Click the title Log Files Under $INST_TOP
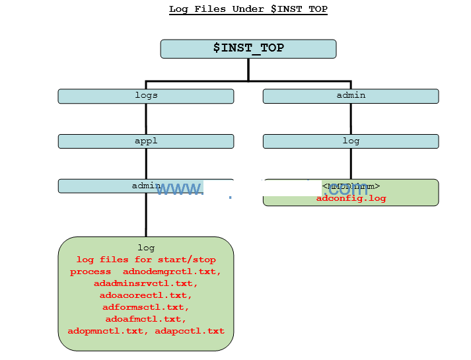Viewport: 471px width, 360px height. tap(248, 9)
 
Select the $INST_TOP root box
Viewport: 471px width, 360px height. tap(248, 48)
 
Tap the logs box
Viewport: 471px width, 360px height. tap(146, 96)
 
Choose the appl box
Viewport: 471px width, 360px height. tap(146, 141)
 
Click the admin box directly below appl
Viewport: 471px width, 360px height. tap(146, 186)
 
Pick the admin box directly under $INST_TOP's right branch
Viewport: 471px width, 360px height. tap(351, 96)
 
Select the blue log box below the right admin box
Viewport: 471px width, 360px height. tap(351, 141)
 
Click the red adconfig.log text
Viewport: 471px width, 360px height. tap(351, 198)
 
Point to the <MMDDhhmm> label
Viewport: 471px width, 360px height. tap(351, 186)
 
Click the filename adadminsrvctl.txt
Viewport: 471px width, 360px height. tap(146, 283)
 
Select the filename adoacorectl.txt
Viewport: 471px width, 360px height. tap(146, 295)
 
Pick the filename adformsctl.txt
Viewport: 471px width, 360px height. tap(146, 307)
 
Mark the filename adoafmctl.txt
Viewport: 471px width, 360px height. tap(146, 319)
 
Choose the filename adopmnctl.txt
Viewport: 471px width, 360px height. tap(109, 331)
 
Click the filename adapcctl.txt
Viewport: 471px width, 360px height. tap(190, 331)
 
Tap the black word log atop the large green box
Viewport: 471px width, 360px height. tap(146, 248)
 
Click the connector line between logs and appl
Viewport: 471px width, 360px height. tap(146, 119)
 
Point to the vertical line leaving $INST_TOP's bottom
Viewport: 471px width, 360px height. tap(248, 69)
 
